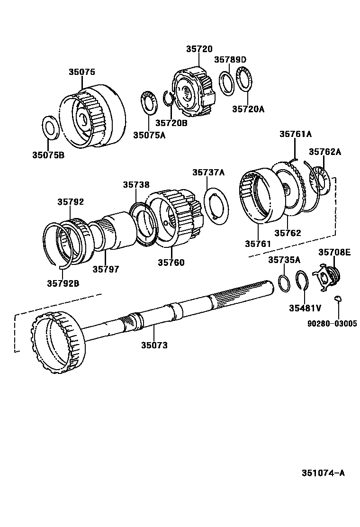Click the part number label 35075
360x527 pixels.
[81, 72]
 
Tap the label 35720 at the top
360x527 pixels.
[199, 49]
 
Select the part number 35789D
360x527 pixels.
[230, 59]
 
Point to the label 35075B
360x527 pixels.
[48, 154]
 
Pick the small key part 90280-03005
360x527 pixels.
[338, 298]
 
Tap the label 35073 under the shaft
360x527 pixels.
[154, 345]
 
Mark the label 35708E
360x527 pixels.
[334, 252]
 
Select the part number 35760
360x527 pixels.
[171, 263]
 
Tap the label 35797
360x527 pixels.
[106, 269]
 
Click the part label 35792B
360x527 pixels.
[63, 283]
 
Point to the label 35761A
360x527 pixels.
[295, 134]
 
